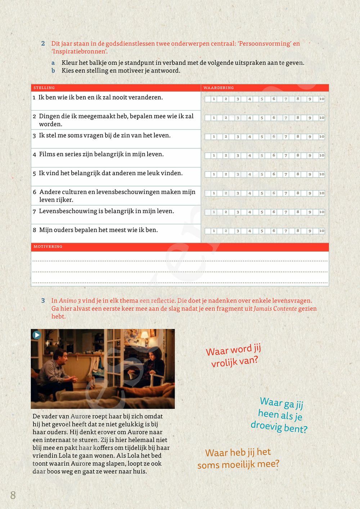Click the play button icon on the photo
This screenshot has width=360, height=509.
point(37,335)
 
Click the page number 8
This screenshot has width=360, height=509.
point(13,495)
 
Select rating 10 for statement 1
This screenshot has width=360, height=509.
point(321,99)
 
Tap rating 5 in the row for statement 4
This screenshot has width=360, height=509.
point(262,156)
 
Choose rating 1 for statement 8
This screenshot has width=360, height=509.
point(213,231)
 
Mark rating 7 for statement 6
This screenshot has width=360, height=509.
point(286,193)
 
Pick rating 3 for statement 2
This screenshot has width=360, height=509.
point(238,118)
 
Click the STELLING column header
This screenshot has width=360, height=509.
point(44,88)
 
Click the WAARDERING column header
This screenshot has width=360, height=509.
point(219,88)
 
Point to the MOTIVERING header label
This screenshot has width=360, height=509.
point(48,247)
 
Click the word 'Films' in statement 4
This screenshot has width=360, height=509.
point(47,154)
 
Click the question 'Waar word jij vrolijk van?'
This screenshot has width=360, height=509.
point(234,356)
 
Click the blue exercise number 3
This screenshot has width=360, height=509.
point(43,301)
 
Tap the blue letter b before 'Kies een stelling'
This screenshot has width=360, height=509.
point(53,71)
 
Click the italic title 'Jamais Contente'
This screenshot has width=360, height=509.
point(275,308)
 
